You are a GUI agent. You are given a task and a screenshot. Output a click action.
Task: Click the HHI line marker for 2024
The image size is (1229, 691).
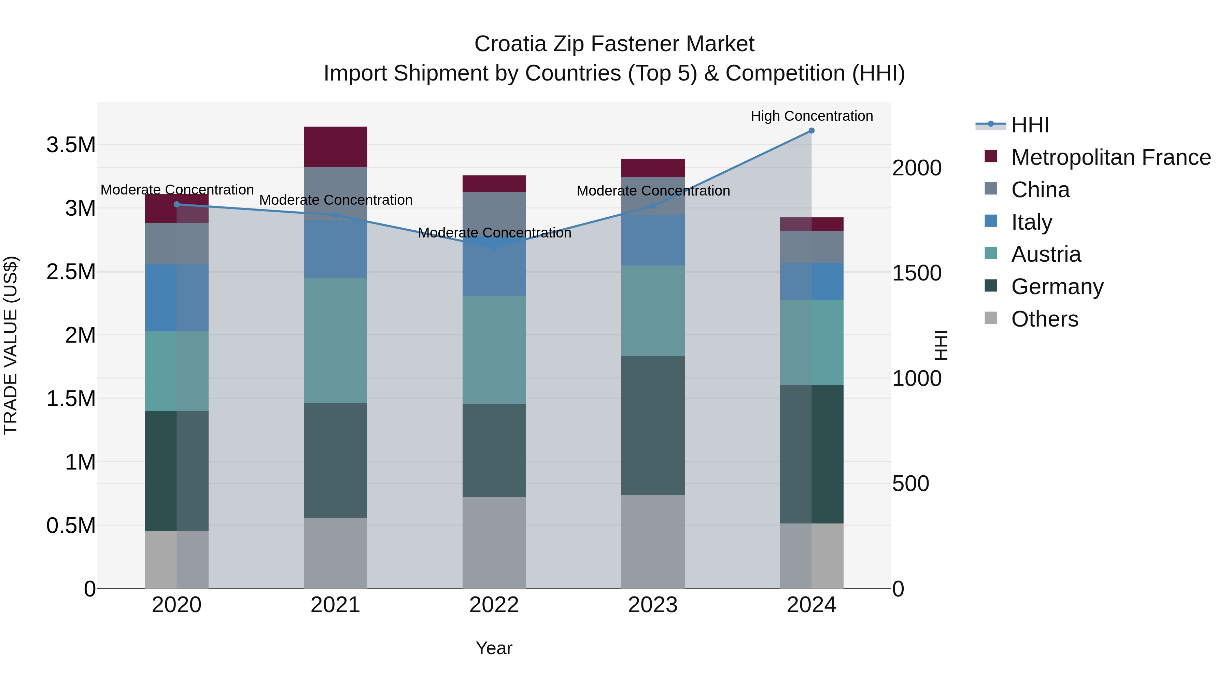(x=811, y=131)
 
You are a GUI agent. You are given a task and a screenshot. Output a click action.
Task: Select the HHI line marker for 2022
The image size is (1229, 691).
(x=494, y=247)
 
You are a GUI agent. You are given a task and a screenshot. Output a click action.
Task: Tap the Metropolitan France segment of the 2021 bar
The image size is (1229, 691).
(x=335, y=147)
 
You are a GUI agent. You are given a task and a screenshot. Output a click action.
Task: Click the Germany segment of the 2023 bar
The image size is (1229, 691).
(x=653, y=426)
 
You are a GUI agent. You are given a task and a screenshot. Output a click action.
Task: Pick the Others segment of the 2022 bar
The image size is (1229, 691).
(x=494, y=543)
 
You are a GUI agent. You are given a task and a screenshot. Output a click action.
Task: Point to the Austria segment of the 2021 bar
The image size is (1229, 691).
(x=335, y=341)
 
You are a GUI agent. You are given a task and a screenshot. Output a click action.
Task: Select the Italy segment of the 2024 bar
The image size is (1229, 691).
(x=811, y=282)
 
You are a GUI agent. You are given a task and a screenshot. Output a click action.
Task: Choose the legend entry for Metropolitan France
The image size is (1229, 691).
(x=1111, y=157)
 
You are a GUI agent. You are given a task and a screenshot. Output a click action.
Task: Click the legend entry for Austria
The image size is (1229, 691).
(x=1046, y=254)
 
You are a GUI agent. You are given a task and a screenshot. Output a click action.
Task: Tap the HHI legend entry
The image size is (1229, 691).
(x=1030, y=125)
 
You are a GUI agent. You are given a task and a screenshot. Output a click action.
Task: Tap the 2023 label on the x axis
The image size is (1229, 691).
(x=653, y=605)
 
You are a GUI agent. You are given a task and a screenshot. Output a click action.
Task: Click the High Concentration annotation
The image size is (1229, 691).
(x=811, y=116)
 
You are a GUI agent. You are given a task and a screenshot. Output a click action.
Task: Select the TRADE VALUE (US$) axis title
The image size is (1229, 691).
(x=11, y=345)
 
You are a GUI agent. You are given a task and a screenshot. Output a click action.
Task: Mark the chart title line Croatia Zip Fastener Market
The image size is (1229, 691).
(x=614, y=44)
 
